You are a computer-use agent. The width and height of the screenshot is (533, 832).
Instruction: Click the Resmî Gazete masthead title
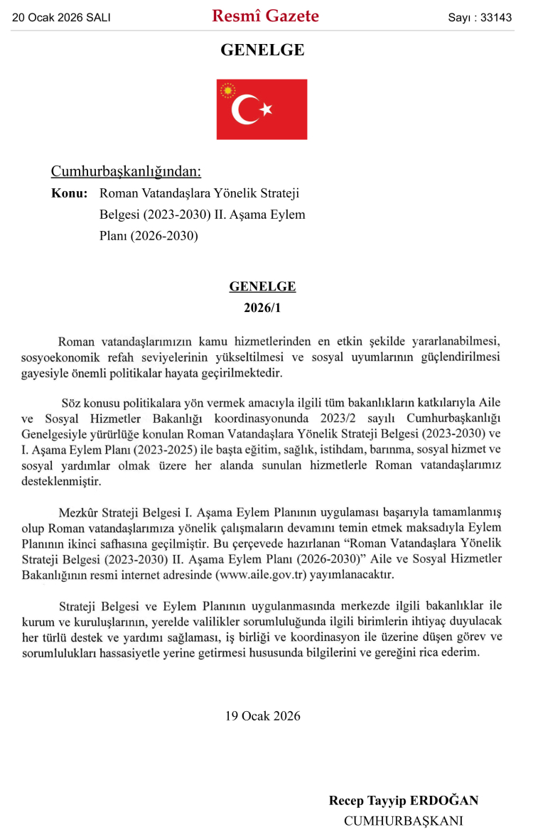tap(265, 16)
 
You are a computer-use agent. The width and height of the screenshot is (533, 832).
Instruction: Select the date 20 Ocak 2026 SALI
tap(61, 18)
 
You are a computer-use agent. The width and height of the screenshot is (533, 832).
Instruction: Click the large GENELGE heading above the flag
tap(262, 50)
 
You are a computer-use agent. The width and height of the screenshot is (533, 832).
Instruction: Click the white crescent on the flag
tap(244, 109)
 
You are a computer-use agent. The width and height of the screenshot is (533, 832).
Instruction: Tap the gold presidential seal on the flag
tap(228, 91)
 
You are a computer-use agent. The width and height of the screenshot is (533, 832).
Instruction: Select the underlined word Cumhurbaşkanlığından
tap(126, 171)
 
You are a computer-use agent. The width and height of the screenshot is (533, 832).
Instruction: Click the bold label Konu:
tap(70, 193)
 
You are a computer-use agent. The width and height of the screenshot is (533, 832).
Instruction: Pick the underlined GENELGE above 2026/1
tap(262, 286)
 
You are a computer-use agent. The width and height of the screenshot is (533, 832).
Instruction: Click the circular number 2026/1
tap(262, 308)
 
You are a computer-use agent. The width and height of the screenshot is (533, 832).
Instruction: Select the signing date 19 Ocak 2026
tap(263, 715)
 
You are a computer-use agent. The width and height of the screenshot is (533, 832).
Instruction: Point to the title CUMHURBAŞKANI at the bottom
tap(403, 821)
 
